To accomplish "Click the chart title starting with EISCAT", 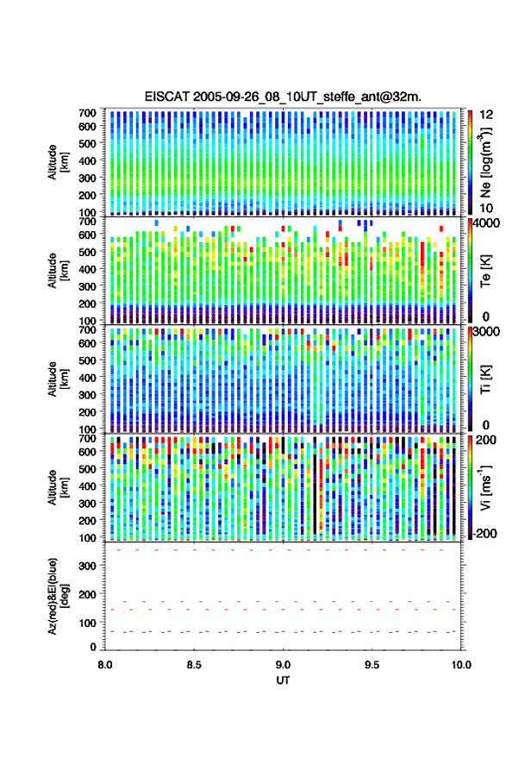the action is pyautogui.click(x=283, y=97).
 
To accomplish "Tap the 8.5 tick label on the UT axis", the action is pyautogui.click(x=194, y=665).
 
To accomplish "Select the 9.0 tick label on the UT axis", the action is pyautogui.click(x=283, y=665).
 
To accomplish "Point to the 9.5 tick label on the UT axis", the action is pyautogui.click(x=372, y=665).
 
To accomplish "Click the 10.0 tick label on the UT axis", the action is pyautogui.click(x=461, y=665).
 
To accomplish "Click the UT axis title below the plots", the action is pyautogui.click(x=283, y=680).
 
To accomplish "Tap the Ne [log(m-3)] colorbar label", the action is pyautogui.click(x=485, y=161).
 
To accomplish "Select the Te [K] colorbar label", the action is pyautogui.click(x=485, y=271).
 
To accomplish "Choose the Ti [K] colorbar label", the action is pyautogui.click(x=485, y=379).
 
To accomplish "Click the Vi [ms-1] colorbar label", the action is pyautogui.click(x=485, y=487).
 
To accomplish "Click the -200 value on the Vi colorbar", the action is pyautogui.click(x=484, y=534).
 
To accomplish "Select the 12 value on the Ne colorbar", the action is pyautogui.click(x=487, y=115).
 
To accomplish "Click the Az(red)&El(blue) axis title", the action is pyautogui.click(x=57, y=596).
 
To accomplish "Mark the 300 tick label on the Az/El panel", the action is pyautogui.click(x=87, y=566).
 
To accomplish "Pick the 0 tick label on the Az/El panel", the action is pyautogui.click(x=93, y=647).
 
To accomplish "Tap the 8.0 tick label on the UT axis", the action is pyautogui.click(x=105, y=665).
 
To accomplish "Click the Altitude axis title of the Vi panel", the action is pyautogui.click(x=57, y=487).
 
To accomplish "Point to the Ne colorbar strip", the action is pyautogui.click(x=470, y=162).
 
